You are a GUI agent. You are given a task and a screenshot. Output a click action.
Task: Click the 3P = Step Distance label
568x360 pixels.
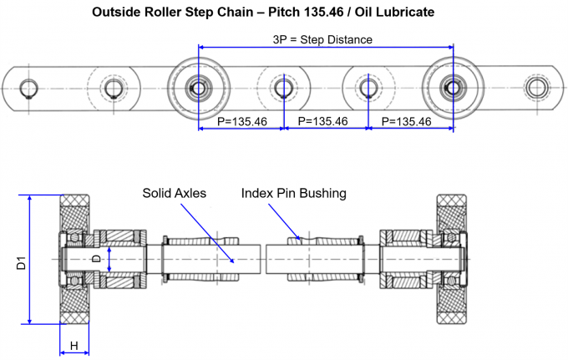[322, 39]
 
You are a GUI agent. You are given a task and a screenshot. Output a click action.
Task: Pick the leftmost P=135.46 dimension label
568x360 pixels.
[241, 122]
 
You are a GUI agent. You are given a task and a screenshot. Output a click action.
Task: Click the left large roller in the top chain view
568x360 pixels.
[198, 87]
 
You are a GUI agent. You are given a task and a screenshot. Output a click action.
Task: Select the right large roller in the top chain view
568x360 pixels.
[452, 87]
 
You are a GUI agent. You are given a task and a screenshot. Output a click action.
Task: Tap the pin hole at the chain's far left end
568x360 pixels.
[29, 88]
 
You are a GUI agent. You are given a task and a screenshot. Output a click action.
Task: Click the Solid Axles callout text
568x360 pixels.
[174, 193]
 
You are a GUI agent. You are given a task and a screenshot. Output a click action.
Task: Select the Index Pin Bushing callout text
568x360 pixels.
[293, 193]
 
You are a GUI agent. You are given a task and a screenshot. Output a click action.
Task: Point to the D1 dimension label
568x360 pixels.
[20, 261]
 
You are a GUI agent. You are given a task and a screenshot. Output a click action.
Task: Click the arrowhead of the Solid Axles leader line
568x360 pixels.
[236, 260]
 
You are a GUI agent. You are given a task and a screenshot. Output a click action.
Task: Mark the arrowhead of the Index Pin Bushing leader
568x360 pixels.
[301, 239]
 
